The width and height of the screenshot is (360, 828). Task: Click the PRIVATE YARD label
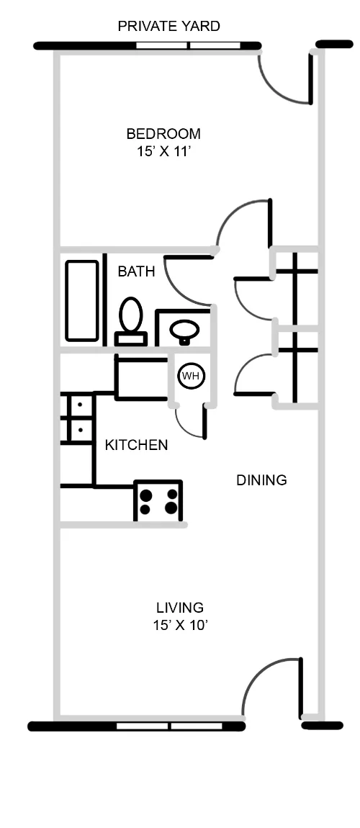point(168,27)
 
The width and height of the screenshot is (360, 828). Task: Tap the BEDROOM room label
point(163,134)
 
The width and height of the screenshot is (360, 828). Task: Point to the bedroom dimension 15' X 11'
point(163,152)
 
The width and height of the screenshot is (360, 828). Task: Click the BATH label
point(136,271)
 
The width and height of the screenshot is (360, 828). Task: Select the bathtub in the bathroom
point(81,300)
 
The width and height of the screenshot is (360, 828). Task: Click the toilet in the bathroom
point(130,320)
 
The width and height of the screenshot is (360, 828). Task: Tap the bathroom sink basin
point(184,330)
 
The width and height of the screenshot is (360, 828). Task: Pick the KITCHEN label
point(136,445)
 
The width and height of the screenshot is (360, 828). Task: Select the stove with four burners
point(158,501)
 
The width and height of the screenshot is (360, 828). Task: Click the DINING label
point(261,480)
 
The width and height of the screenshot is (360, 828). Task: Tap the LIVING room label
point(180,608)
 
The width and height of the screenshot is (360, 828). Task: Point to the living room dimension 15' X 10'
point(180,626)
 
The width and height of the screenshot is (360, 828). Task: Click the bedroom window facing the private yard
point(188,46)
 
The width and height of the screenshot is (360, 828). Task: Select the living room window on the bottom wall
point(170,726)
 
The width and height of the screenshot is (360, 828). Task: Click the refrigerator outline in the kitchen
point(141,378)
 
